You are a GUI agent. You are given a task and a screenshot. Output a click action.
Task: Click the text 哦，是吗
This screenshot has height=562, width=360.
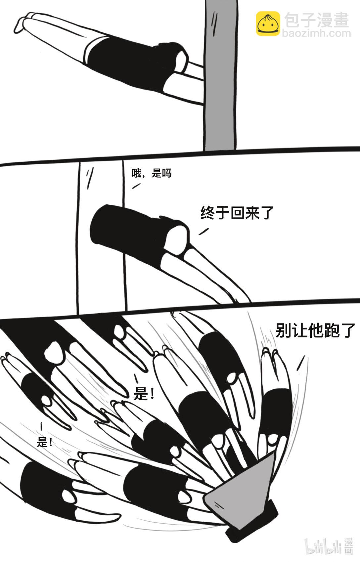tap(152, 173)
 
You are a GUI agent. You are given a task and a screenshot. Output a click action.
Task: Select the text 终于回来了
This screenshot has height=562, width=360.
tap(237, 212)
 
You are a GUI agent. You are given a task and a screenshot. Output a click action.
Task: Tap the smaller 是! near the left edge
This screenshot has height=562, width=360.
tap(45, 442)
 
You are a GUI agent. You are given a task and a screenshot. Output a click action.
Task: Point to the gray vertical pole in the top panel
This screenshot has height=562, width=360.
tap(221, 76)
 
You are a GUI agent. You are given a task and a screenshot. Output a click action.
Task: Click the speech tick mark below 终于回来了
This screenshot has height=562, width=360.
tap(203, 232)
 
